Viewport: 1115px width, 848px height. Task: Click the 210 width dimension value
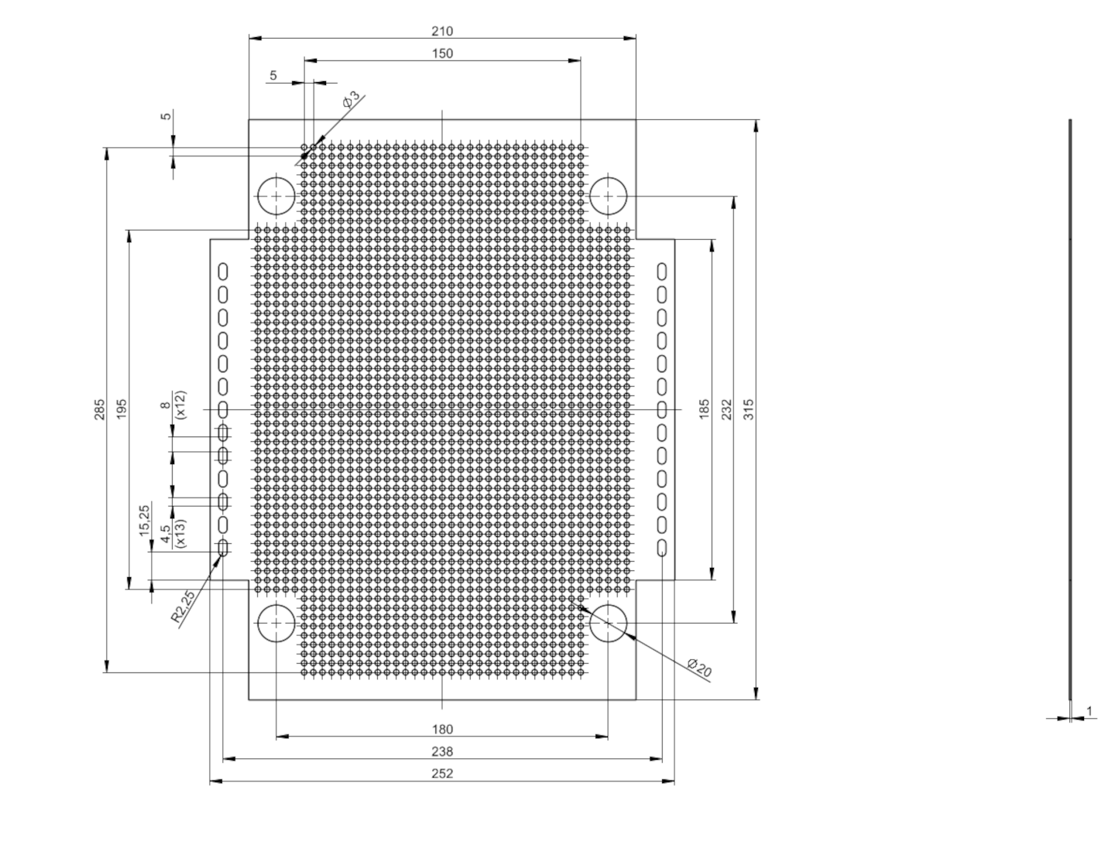[x=442, y=31]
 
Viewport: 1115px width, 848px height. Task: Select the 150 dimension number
[x=442, y=53]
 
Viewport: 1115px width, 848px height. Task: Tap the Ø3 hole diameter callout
[x=351, y=98]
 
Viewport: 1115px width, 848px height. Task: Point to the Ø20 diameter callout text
[x=699, y=668]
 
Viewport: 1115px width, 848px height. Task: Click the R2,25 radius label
[x=183, y=606]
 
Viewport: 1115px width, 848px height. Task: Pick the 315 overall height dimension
[x=749, y=409]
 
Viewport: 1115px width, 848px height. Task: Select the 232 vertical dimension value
[x=727, y=409]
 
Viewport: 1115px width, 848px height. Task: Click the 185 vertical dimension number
[x=705, y=409]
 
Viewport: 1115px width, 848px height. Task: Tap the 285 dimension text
[x=100, y=409]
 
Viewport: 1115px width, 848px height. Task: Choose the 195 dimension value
[x=122, y=409]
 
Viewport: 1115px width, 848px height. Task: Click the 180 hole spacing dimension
[x=442, y=730]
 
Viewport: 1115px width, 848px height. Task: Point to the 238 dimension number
[x=442, y=751]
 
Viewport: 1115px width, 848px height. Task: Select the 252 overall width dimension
[x=442, y=774]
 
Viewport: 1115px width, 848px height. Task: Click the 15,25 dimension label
[x=144, y=520]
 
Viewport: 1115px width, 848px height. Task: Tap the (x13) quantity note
[x=180, y=533]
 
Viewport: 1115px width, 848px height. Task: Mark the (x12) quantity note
[x=180, y=405]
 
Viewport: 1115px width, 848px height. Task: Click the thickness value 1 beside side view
[x=1089, y=711]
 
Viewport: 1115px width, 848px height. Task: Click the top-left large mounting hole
[x=276, y=196]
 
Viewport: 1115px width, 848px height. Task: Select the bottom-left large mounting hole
[x=276, y=623]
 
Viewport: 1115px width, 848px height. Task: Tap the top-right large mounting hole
[x=608, y=196]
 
